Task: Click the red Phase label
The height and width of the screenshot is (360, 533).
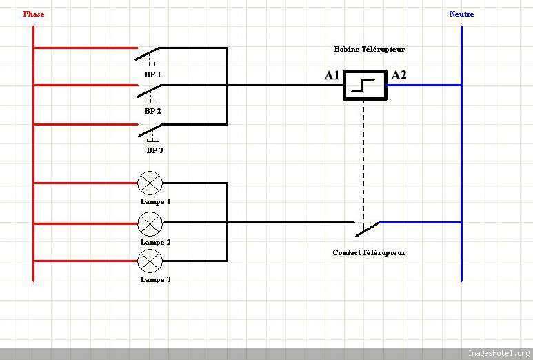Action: tap(33, 14)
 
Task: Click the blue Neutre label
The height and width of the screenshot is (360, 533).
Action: tap(461, 14)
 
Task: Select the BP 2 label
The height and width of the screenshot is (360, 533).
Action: tap(152, 111)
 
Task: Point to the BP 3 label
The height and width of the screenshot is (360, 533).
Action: tap(154, 150)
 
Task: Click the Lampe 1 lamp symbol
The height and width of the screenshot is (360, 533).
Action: tap(150, 183)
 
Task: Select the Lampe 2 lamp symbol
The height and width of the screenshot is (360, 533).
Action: tap(150, 223)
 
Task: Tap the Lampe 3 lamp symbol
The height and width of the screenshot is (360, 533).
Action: tap(150, 261)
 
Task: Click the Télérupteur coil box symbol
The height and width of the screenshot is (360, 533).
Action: tap(365, 85)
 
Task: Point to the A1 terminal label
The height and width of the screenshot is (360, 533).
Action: tap(332, 75)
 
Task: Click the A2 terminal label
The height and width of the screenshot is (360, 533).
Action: tap(399, 75)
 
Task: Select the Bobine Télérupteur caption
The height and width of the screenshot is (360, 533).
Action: tap(369, 50)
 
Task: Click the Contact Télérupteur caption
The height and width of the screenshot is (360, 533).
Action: tap(369, 252)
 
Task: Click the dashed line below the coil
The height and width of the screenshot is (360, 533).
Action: tap(363, 159)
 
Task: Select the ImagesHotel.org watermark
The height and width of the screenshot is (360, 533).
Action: tap(499, 354)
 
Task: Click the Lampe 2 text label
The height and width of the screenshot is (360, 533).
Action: tap(155, 242)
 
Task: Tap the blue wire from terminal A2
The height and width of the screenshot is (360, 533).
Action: tap(424, 85)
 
